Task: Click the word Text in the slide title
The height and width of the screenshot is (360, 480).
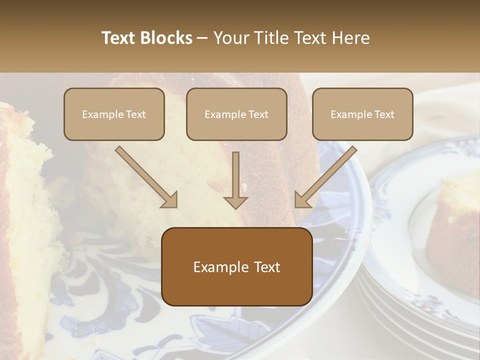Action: pyautogui.click(x=120, y=38)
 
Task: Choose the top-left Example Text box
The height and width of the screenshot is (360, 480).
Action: pyautogui.click(x=114, y=114)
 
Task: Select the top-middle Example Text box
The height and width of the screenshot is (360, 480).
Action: pyautogui.click(x=236, y=114)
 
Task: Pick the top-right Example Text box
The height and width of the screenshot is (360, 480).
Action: pyautogui.click(x=362, y=114)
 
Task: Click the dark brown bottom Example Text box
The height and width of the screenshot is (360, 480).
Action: pyautogui.click(x=237, y=267)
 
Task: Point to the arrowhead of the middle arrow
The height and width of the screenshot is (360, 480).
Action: pyautogui.click(x=235, y=201)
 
